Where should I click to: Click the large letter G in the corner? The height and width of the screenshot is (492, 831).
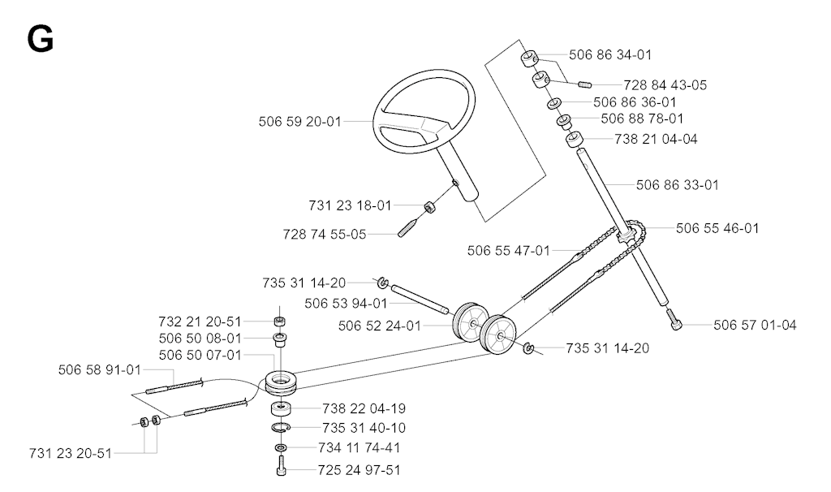pyautogui.click(x=41, y=40)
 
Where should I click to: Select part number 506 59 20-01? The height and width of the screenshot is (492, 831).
pyautogui.click(x=300, y=122)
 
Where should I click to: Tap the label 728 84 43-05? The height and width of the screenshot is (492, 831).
pyautogui.click(x=665, y=84)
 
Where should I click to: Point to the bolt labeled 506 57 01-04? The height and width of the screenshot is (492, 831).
pyautogui.click(x=676, y=322)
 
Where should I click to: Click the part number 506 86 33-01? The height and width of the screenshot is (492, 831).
pyautogui.click(x=678, y=184)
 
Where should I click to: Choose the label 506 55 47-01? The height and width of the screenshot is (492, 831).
pyautogui.click(x=509, y=250)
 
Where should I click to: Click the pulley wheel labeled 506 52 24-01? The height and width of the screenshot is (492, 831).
pyautogui.click(x=468, y=322)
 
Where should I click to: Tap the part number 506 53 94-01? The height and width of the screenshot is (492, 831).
pyautogui.click(x=346, y=304)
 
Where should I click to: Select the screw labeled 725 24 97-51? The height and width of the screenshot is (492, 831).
pyautogui.click(x=282, y=466)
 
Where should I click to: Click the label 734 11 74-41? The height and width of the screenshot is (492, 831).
pyautogui.click(x=360, y=447)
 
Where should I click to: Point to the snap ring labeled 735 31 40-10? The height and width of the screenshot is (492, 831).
pyautogui.click(x=280, y=427)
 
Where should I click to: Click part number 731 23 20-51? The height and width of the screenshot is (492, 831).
pyautogui.click(x=71, y=453)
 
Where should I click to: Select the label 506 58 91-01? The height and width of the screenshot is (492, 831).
pyautogui.click(x=100, y=369)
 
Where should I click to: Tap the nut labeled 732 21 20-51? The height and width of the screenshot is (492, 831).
pyautogui.click(x=280, y=321)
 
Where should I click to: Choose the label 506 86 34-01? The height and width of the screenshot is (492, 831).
pyautogui.click(x=610, y=54)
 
